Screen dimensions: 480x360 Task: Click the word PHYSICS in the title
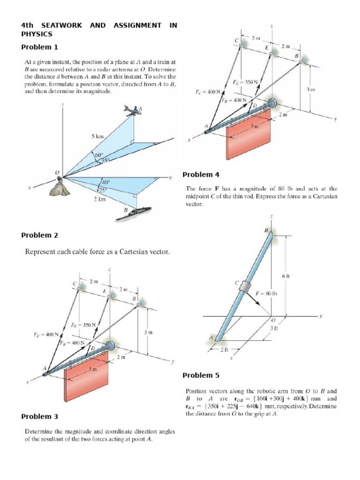click(37, 34)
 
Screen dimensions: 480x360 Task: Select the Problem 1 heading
click(40, 47)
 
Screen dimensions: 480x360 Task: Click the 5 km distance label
click(97, 136)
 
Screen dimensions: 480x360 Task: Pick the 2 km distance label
click(99, 199)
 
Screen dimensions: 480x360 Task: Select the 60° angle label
click(99, 155)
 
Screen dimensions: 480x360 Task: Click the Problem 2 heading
click(40, 235)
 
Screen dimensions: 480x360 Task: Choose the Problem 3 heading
click(40, 416)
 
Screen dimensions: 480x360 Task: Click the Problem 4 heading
click(201, 174)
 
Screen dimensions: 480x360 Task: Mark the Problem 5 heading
click(201, 375)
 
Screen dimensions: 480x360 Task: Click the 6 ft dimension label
click(286, 276)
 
